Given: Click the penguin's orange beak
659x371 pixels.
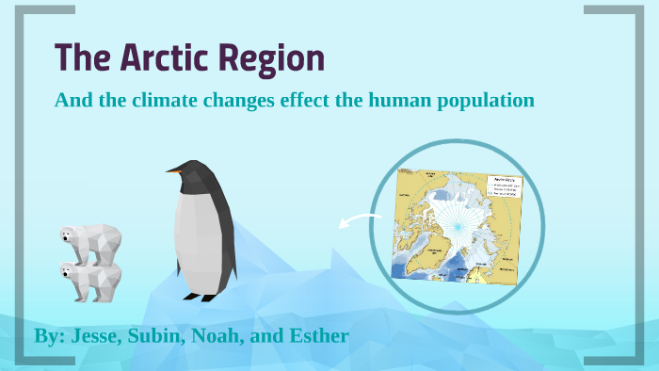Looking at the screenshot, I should click(173, 171).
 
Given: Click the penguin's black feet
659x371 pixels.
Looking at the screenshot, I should click(201, 297).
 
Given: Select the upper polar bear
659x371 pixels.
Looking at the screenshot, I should click(90, 240).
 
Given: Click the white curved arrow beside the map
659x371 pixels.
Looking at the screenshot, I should click(352, 221).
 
